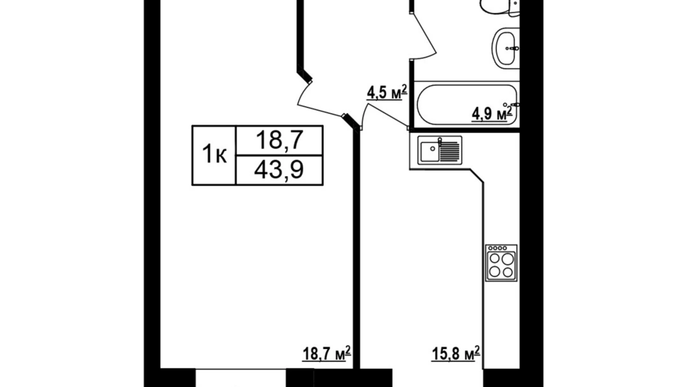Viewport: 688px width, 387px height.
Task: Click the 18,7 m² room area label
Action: pos(326,354)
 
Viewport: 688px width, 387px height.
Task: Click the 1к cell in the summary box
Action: pos(214,155)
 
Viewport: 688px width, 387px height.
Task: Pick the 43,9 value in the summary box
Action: pos(279,170)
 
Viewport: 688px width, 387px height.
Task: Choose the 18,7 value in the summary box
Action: pos(279,141)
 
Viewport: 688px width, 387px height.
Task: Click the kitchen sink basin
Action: pos(430,150)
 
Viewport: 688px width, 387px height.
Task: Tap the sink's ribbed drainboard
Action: pos(451,150)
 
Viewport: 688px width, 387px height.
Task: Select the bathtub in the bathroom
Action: pos(465,105)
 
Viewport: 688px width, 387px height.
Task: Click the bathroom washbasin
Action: pos(505,48)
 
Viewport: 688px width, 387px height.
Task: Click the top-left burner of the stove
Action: pos(495,259)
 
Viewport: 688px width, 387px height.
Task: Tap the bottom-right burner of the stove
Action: pos(508,272)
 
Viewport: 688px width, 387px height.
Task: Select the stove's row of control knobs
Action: pos(498,248)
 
